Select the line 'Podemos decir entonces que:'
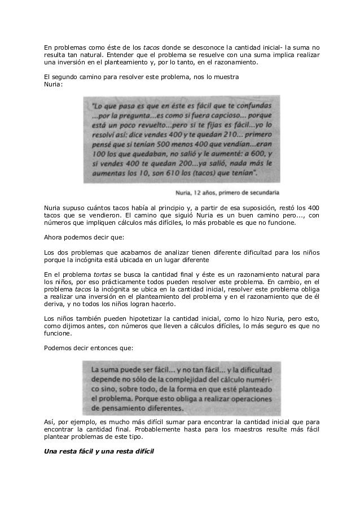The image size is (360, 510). tap(89, 347)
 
